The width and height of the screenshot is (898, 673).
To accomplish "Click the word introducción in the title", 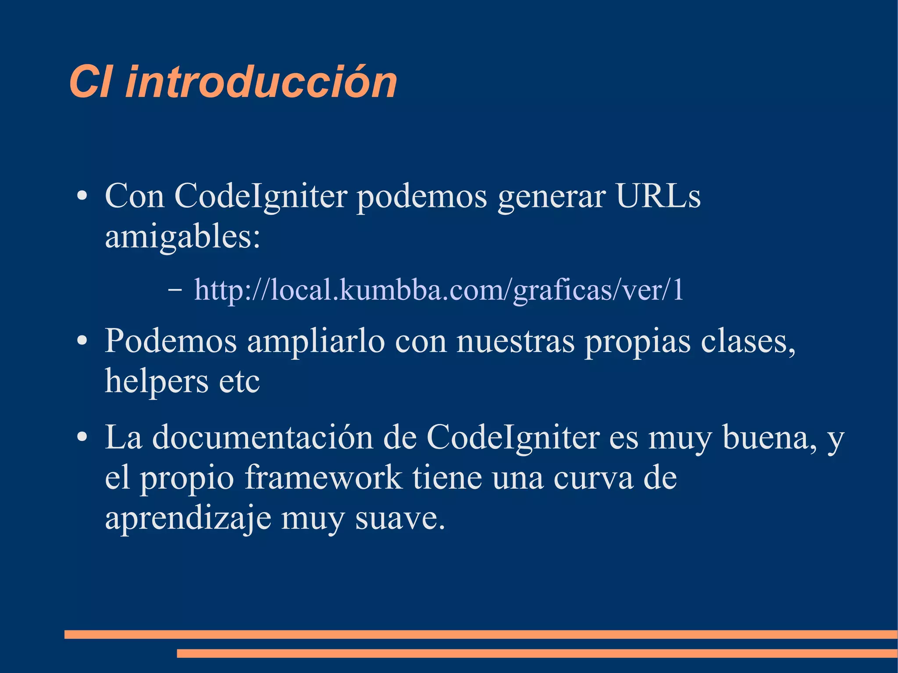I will coord(261,82).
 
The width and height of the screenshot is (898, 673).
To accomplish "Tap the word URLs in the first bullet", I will coord(658,196).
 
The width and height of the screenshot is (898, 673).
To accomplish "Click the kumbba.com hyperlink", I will coord(438,290).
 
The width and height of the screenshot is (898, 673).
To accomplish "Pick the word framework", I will coord(323,478).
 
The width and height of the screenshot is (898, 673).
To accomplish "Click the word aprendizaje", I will coord(188,518).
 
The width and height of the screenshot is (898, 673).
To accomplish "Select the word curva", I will coord(593,478).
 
